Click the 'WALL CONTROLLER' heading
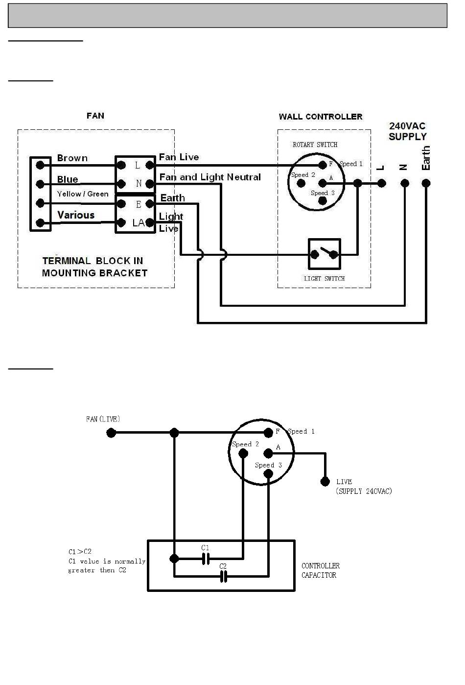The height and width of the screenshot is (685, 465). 321,117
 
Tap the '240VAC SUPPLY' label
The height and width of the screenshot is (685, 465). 407,131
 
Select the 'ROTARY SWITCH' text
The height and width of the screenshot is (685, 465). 315,145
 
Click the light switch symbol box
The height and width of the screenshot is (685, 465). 324,254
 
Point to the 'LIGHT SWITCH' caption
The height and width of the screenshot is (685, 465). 324,279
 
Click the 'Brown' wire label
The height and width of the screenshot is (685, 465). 72,158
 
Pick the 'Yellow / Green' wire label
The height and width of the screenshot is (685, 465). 83,194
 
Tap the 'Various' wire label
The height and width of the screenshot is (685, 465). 76,215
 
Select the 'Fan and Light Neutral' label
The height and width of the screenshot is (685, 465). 210,177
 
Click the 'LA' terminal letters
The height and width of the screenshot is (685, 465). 139,223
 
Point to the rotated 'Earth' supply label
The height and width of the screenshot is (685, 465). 426,158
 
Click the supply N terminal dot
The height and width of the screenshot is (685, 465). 404,183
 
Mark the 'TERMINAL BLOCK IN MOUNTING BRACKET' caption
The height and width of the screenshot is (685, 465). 94,267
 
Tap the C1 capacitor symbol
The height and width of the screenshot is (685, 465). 206,559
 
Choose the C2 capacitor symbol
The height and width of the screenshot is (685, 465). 224,577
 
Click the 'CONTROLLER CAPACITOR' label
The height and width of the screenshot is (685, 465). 321,570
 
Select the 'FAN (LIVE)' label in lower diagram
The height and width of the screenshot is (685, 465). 103,419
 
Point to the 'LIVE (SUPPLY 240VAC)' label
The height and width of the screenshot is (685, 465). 364,487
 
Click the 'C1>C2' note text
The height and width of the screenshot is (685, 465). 80,552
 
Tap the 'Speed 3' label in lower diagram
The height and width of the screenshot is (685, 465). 268,465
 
